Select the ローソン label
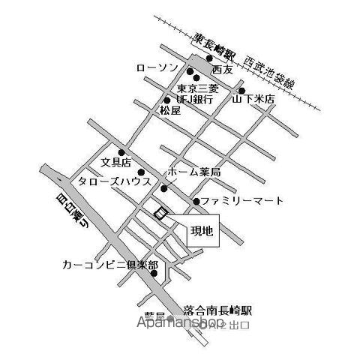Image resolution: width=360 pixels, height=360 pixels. tap(158, 68)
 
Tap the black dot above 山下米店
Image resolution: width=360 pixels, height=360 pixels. tap(241, 91)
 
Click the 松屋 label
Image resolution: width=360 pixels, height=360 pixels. tap(169, 110)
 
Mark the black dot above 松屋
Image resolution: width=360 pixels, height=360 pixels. tap(166, 100)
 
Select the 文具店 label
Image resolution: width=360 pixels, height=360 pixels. tap(116, 161)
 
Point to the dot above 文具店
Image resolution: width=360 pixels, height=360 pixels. tap(120, 152)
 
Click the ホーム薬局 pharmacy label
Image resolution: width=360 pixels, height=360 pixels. tap(194, 172)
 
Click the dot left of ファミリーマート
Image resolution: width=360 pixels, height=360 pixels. tap(196, 201)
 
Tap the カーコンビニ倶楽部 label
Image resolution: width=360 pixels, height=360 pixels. tap(111, 265)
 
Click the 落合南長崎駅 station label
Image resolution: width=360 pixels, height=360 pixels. tap(218, 310)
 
